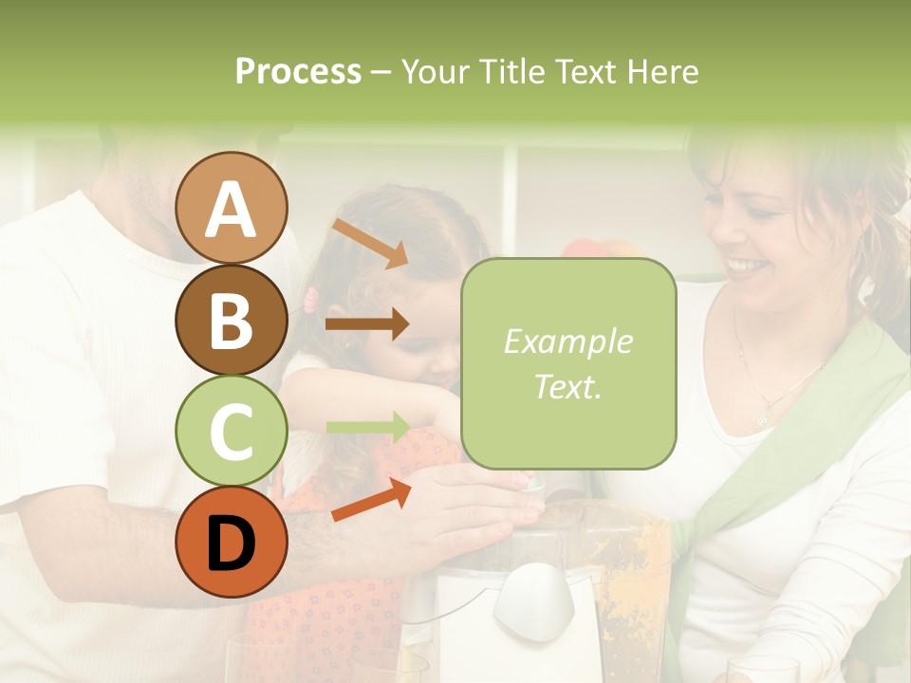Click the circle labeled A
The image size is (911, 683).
[231, 208]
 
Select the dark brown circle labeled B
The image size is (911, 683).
[231, 321]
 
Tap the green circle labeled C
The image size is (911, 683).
[231, 432]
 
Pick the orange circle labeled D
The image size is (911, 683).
[231, 542]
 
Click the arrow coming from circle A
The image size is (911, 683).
[369, 243]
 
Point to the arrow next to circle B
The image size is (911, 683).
[366, 323]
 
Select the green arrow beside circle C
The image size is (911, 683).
[367, 427]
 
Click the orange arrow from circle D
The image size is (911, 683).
[371, 499]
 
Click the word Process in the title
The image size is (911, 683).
[298, 71]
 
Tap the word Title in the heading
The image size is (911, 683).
[511, 71]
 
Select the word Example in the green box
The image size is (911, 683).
[567, 341]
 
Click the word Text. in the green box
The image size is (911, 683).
[567, 386]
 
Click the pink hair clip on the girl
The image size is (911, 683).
[310, 301]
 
